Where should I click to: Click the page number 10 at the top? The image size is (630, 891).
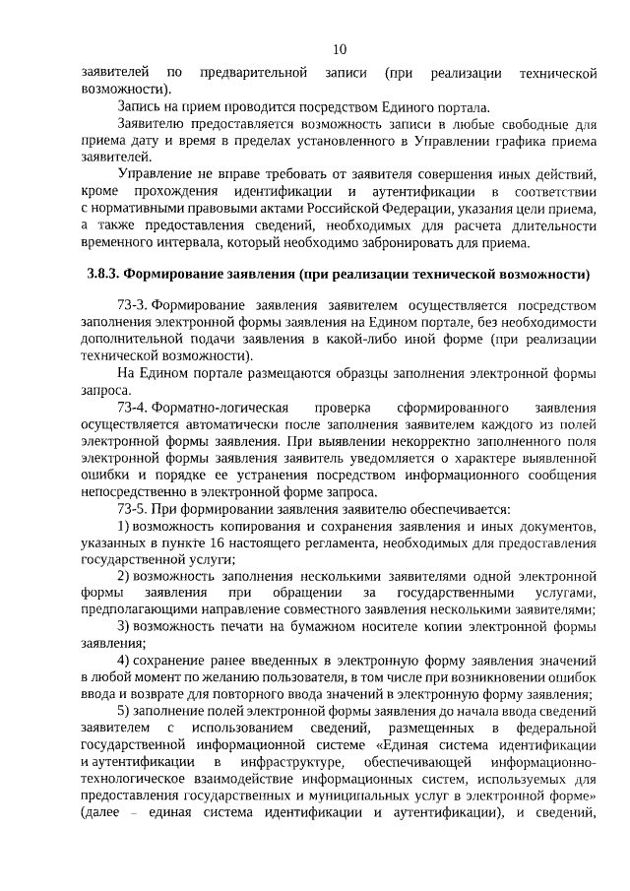tap(339, 48)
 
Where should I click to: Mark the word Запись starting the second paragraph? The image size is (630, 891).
tap(141, 106)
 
